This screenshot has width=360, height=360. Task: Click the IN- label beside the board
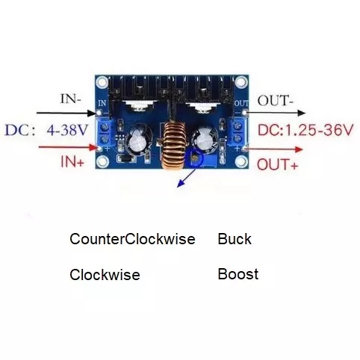click(x=71, y=99)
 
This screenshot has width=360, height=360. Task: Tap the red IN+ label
click(x=72, y=161)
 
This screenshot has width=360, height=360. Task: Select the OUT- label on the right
click(x=276, y=101)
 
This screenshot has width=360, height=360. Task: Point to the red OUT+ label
click(x=277, y=164)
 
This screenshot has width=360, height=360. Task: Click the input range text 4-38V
click(x=67, y=130)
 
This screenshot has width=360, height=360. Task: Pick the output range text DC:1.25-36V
click(x=305, y=130)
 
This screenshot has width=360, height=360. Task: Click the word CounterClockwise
click(x=132, y=239)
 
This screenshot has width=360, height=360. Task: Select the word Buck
click(x=235, y=239)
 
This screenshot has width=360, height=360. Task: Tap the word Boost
click(x=238, y=274)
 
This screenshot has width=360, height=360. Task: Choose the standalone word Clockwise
click(x=105, y=275)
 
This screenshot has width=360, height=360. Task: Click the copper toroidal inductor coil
click(x=173, y=146)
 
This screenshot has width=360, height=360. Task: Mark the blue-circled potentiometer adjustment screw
click(x=195, y=158)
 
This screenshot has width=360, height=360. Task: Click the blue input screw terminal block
click(x=105, y=133)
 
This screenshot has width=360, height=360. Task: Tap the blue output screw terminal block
click(x=238, y=132)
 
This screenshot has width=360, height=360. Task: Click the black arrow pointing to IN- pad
click(x=66, y=114)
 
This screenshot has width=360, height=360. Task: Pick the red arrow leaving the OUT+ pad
click(x=274, y=149)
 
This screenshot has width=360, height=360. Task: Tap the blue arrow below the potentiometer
click(x=186, y=178)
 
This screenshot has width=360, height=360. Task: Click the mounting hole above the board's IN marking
click(x=102, y=82)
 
